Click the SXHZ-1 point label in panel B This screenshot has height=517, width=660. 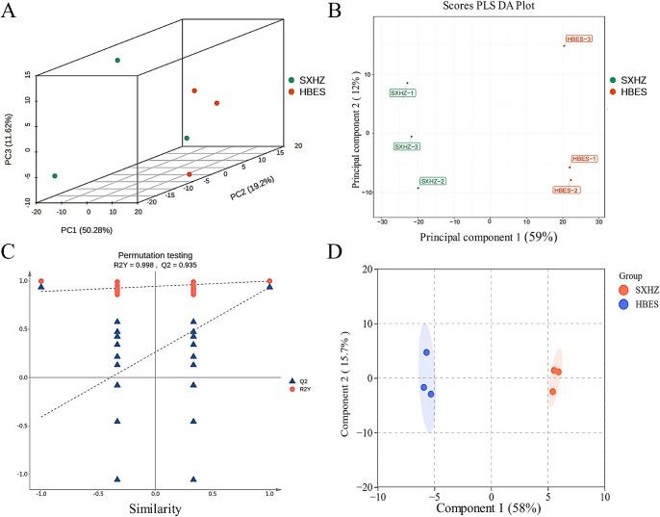click(x=402, y=93)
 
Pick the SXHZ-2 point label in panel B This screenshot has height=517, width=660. click(x=432, y=181)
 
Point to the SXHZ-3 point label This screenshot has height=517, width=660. click(x=407, y=146)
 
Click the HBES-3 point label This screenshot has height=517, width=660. click(x=578, y=39)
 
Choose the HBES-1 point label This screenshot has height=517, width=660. click(x=584, y=159)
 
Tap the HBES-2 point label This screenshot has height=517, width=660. click(x=567, y=191)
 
